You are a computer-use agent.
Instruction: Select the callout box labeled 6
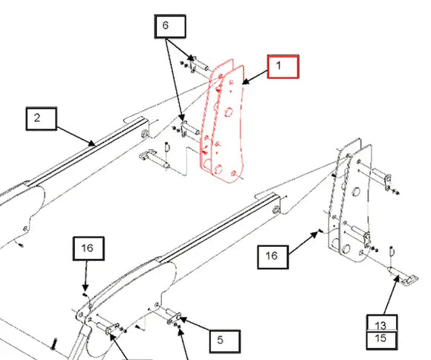point(165,26)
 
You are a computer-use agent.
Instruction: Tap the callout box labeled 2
point(42,118)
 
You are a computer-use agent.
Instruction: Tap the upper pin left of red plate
point(196,64)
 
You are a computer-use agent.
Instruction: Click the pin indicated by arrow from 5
point(170,316)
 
